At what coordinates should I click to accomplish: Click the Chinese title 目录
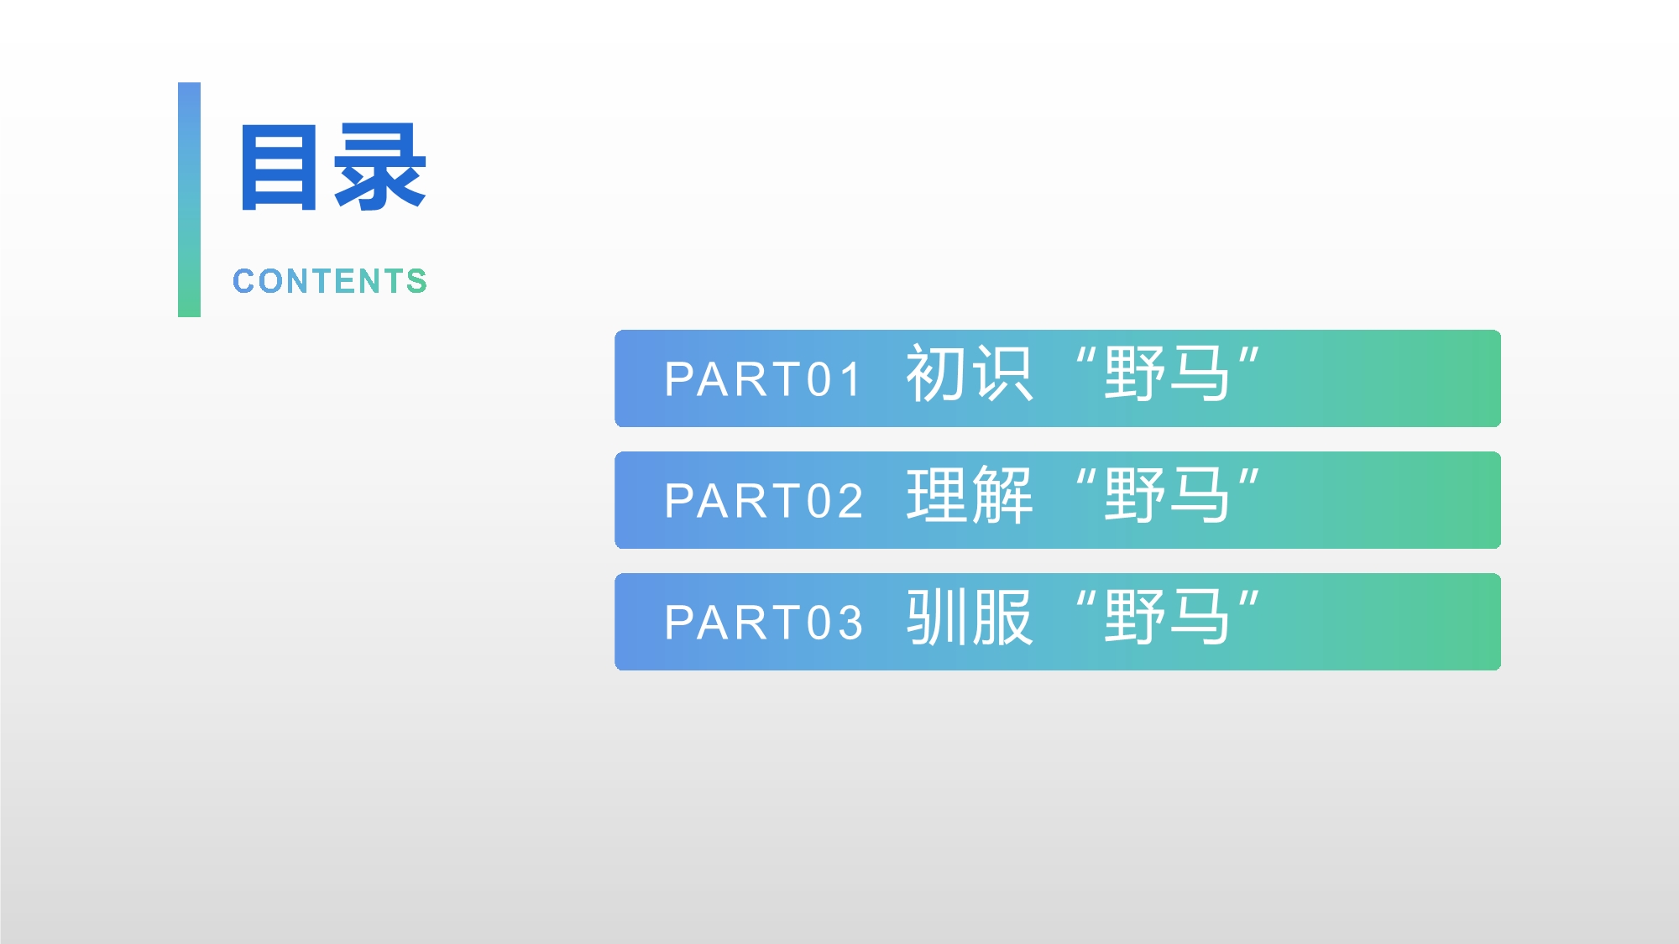(x=333, y=166)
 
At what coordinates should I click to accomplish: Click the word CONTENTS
(x=330, y=281)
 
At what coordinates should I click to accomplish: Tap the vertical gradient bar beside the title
(x=189, y=200)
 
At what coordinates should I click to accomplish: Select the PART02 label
(x=763, y=501)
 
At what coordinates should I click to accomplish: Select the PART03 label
(x=763, y=623)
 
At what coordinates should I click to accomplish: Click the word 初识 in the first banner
(x=969, y=374)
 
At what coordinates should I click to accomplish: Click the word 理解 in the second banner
(x=969, y=496)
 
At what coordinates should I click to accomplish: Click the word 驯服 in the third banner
(x=969, y=618)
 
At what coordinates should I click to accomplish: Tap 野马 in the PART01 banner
(x=1167, y=374)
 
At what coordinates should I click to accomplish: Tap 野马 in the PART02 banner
(x=1167, y=496)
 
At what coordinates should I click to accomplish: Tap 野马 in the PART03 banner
(x=1167, y=618)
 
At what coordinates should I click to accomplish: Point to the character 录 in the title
(x=380, y=166)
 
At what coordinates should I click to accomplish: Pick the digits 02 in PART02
(x=834, y=501)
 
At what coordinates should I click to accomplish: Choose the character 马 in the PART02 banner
(x=1200, y=496)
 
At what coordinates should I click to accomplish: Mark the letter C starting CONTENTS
(x=243, y=281)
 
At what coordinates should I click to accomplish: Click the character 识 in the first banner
(x=1002, y=374)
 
